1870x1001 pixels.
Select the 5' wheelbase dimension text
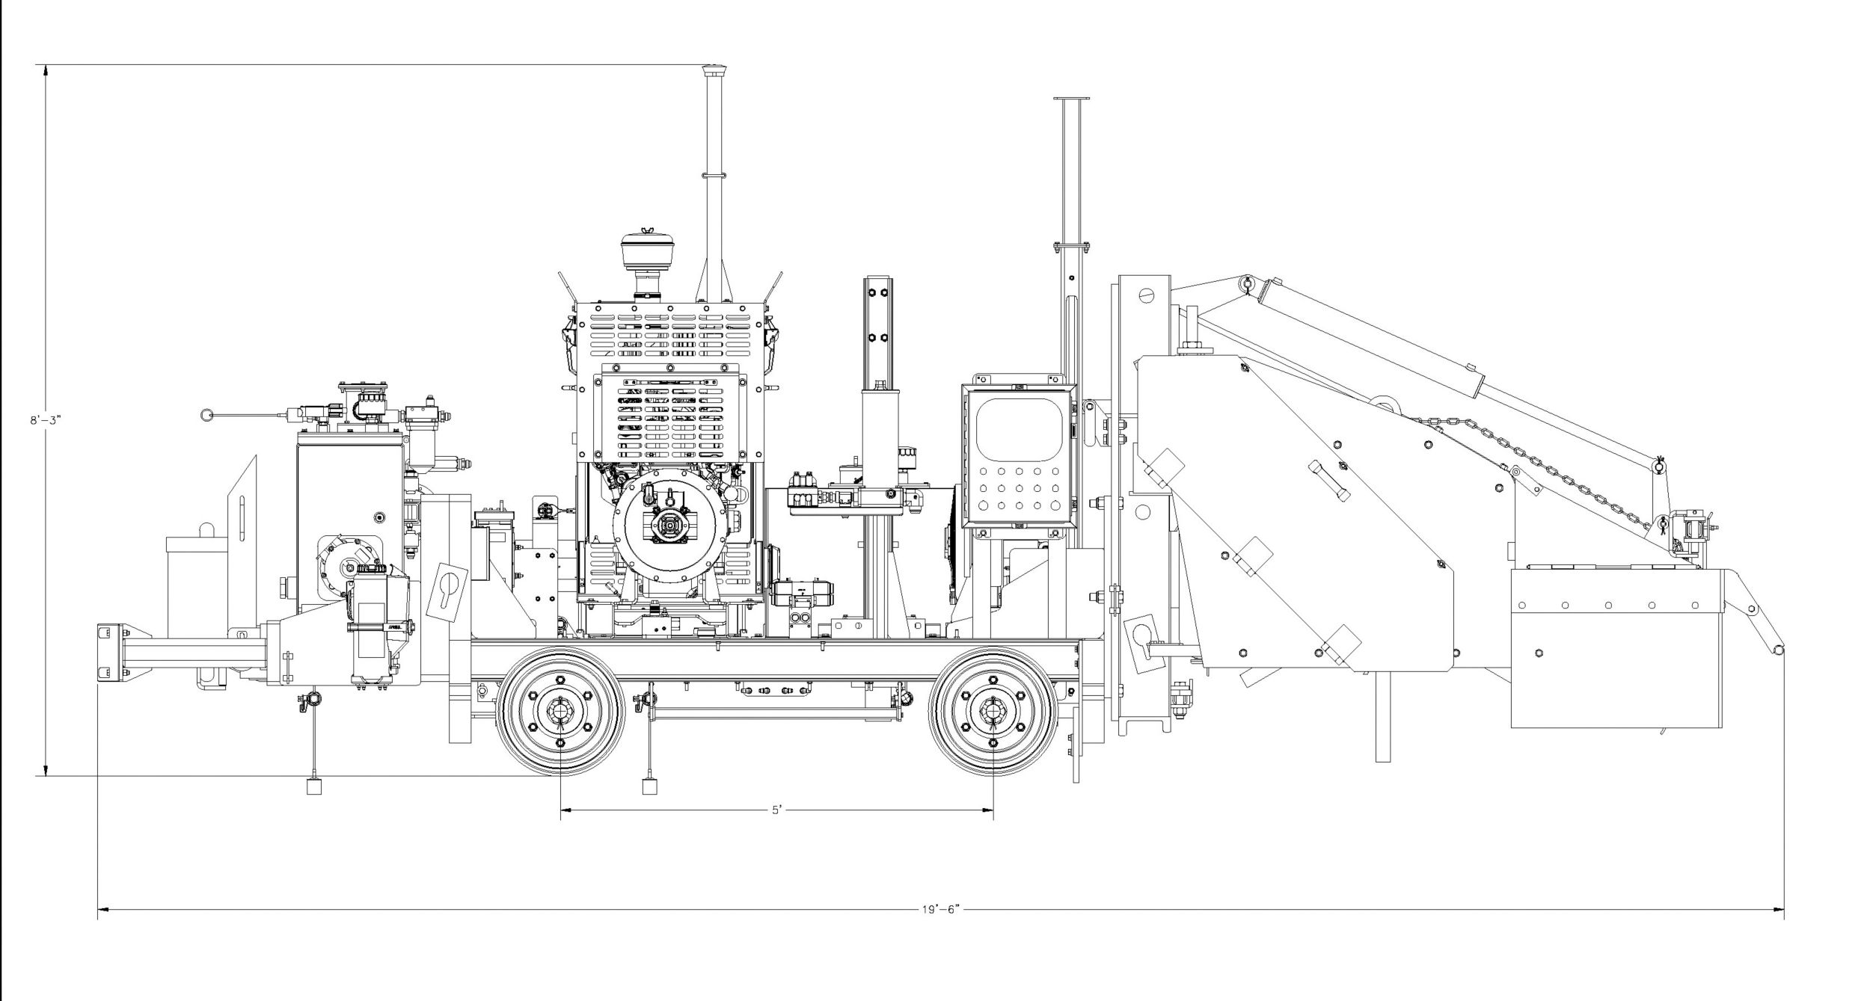coord(777,810)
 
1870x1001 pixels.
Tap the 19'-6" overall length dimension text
coord(940,909)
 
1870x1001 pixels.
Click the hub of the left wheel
coord(560,711)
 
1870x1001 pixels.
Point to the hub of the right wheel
coord(993,711)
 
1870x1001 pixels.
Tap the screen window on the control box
coord(1019,428)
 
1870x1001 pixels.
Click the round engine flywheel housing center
coord(669,526)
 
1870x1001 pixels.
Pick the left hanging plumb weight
coord(314,785)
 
